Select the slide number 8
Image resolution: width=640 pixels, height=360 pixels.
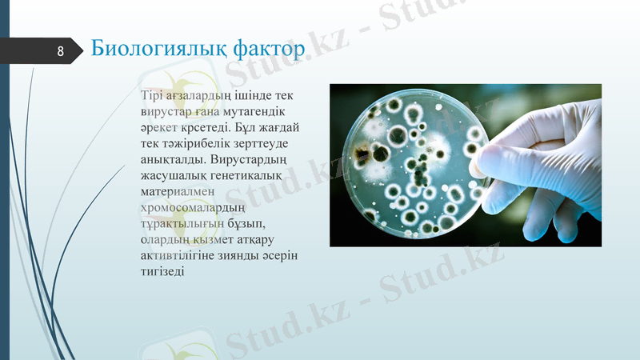point(60,51)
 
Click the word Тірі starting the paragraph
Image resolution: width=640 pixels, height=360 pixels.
point(152,96)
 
